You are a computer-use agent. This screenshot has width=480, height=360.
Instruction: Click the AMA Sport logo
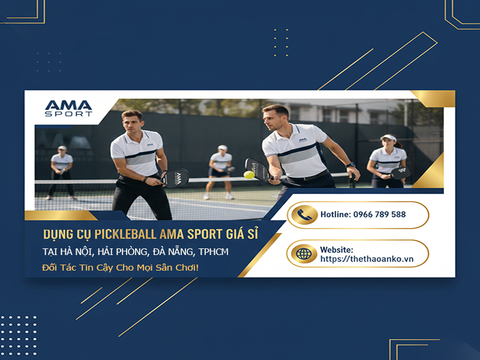pyautogui.click(x=68, y=108)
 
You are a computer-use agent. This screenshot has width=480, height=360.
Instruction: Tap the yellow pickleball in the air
pyautogui.click(x=248, y=175)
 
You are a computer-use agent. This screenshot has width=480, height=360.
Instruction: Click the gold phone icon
pyautogui.click(x=303, y=215)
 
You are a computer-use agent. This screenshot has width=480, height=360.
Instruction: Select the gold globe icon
pyautogui.click(x=303, y=253)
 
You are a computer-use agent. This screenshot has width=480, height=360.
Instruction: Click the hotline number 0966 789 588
pyautogui.click(x=379, y=215)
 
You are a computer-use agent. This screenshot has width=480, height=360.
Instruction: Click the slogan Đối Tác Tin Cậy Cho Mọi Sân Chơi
pyautogui.click(x=120, y=267)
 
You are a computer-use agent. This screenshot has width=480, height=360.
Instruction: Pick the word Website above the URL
pyautogui.click(x=336, y=249)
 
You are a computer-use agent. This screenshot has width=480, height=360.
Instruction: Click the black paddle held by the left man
pyautogui.click(x=176, y=178)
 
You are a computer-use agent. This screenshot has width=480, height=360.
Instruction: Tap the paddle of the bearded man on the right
pyautogui.click(x=256, y=169)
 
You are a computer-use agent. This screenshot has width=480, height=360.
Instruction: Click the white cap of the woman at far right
pyautogui.click(x=388, y=137)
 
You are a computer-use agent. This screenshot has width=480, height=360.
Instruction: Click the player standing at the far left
pyautogui.click(x=62, y=172)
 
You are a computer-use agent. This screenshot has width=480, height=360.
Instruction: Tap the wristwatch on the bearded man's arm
pyautogui.click(x=350, y=165)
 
